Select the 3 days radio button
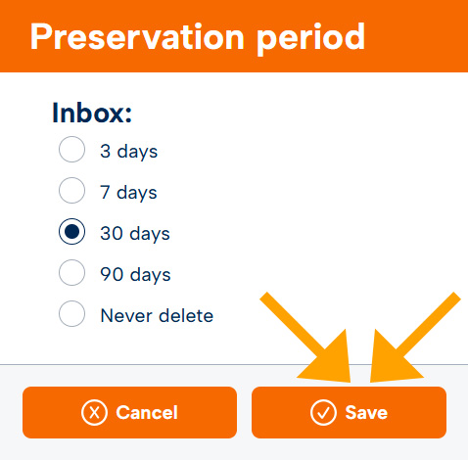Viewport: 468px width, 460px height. (x=71, y=150)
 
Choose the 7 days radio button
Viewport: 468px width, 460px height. (x=71, y=191)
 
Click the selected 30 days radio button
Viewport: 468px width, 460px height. (x=71, y=232)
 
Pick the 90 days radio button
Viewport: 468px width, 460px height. (x=71, y=273)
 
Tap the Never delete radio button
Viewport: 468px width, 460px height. (x=71, y=314)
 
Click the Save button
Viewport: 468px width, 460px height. (x=349, y=412)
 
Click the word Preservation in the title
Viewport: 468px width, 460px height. (x=137, y=37)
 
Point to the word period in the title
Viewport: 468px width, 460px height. (x=310, y=39)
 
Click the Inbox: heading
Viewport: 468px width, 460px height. (x=92, y=113)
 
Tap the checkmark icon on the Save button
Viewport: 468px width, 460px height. (x=323, y=413)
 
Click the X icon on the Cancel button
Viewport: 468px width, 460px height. (x=94, y=413)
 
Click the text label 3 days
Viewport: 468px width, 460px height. (x=129, y=152)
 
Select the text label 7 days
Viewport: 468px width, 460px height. (x=128, y=193)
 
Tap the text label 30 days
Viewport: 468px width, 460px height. (x=135, y=234)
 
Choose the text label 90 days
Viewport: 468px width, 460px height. (x=135, y=275)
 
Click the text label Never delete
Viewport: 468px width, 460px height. (x=157, y=316)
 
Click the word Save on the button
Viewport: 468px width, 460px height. (x=366, y=413)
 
